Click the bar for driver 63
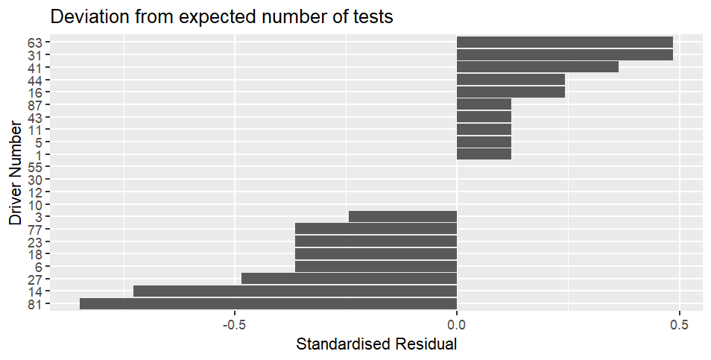tap(564, 42)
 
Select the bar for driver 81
tap(268, 303)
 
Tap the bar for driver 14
tap(295, 291)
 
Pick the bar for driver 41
tap(537, 67)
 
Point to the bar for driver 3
tap(402, 216)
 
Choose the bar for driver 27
tap(349, 279)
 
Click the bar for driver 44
tap(511, 80)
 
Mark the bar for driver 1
tap(484, 154)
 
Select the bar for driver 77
tap(376, 229)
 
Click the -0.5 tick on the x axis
tap(235, 326)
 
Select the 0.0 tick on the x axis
tap(457, 326)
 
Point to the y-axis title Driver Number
tap(16, 173)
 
